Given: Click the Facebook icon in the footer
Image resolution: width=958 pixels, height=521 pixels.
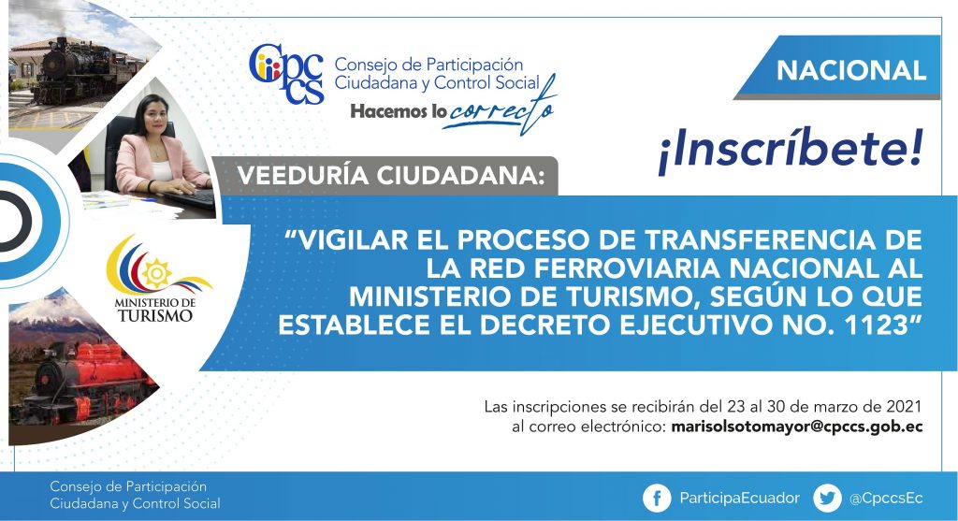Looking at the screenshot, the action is pos(657,499).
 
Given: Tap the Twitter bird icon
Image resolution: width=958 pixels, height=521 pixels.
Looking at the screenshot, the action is pos(827,499).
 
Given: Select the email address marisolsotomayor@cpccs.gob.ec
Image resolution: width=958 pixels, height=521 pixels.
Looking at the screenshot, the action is pos(797,427).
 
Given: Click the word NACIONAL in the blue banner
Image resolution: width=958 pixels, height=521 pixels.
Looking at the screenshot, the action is pos(851,70).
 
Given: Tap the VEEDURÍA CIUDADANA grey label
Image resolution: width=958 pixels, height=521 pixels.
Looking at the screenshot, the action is pos(390,176).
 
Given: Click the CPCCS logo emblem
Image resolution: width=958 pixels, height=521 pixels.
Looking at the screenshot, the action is pos(286,73).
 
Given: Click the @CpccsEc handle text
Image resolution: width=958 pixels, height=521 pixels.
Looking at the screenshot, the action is pos(886,499).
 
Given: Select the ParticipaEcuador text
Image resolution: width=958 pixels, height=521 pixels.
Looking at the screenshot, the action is pos(739,499).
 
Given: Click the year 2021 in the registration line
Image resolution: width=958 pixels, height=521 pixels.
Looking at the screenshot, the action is pos(904,406).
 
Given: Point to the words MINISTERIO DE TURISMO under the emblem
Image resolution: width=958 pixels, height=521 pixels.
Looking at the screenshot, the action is pos(155,310).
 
